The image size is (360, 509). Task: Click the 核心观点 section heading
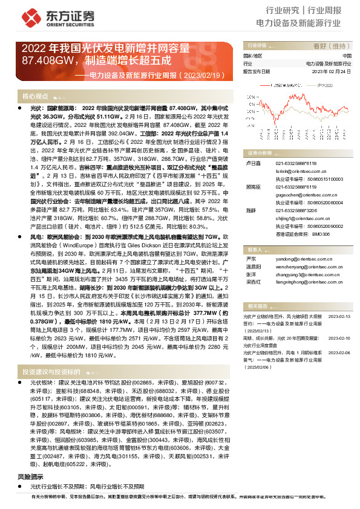click(x=35, y=96)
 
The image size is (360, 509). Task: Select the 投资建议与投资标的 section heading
click(x=51, y=372)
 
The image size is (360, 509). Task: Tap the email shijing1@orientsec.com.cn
click(x=295, y=218)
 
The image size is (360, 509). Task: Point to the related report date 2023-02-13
click(x=339, y=299)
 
